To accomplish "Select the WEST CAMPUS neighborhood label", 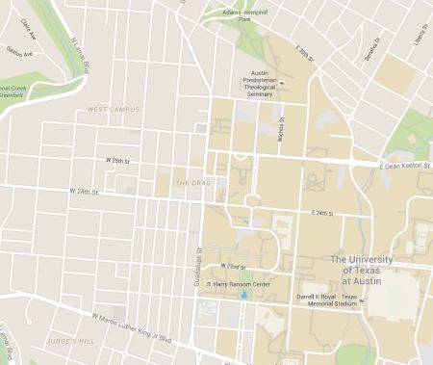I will coord(114,110).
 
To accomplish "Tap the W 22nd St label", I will coord(235,266).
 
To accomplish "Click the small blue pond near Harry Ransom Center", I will coord(243,295).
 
